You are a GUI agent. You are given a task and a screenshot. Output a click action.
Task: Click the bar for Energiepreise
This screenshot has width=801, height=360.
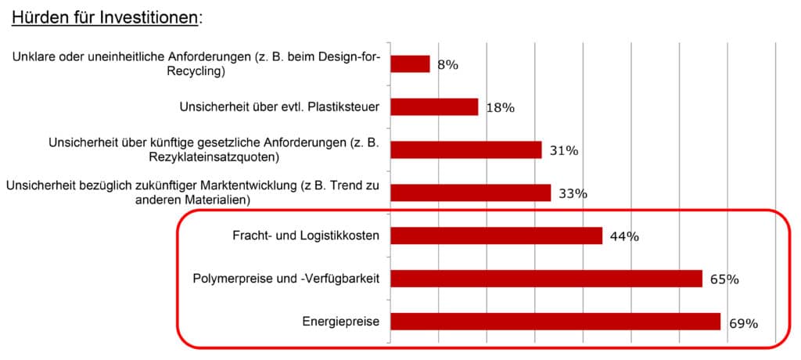pyautogui.click(x=555, y=321)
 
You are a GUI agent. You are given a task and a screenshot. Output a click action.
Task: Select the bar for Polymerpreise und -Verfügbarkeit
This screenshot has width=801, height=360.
pyautogui.click(x=545, y=278)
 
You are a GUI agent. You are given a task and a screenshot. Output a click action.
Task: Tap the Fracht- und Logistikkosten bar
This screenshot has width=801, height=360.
pyautogui.click(x=496, y=236)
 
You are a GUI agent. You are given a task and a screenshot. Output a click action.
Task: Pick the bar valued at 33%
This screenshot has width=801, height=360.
pyautogui.click(x=470, y=193)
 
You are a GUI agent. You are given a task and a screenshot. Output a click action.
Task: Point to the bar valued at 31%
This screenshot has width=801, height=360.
pyautogui.click(x=465, y=149)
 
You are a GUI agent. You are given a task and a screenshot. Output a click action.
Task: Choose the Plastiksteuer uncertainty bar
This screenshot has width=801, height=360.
pyautogui.click(x=433, y=106)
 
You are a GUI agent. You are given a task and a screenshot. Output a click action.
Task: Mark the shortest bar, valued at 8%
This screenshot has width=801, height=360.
pyautogui.click(x=410, y=64)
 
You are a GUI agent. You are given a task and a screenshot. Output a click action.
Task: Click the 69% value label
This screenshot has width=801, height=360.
pyautogui.click(x=742, y=322)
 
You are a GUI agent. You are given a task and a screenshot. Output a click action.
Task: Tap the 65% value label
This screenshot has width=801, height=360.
pyautogui.click(x=724, y=279)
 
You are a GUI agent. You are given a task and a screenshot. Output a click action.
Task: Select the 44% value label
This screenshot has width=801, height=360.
pyautogui.click(x=623, y=236)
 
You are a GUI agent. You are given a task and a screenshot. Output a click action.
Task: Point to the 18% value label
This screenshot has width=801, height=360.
pyautogui.click(x=500, y=108)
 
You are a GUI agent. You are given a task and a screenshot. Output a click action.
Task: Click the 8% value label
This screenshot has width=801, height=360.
pyautogui.click(x=447, y=65)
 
